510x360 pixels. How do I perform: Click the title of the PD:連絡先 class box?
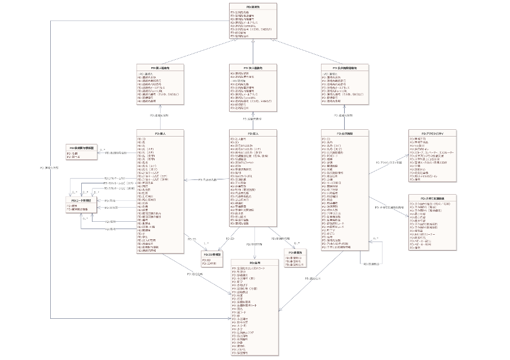pyautogui.click(x=253, y=5)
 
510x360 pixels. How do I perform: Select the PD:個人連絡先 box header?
pyautogui.click(x=160, y=67)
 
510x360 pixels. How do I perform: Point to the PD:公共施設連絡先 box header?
pyautogui.click(x=345, y=67)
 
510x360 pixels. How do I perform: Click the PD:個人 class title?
pyautogui.click(x=160, y=133)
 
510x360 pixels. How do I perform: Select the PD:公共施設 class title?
pyautogui.click(x=345, y=133)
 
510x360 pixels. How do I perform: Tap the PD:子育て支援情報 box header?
pyautogui.click(x=433, y=198)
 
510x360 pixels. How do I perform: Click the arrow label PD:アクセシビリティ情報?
pyautogui.click(x=390, y=162)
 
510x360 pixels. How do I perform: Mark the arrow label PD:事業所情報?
pyautogui.click(x=280, y=239)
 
